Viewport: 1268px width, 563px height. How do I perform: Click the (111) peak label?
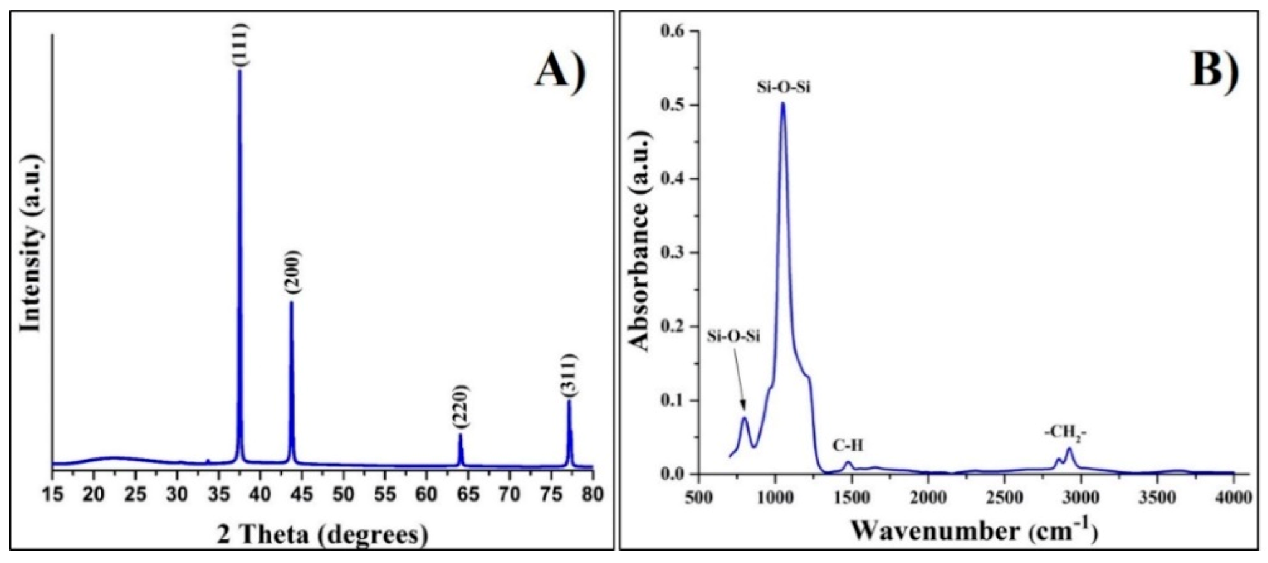click(240, 45)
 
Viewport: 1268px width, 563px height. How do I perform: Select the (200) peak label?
click(291, 273)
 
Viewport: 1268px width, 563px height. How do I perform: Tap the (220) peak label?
click(460, 407)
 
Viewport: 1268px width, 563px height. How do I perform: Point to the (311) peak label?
click(569, 375)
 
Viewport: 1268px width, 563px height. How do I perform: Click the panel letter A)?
click(560, 70)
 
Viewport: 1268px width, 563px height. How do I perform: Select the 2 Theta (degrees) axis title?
click(322, 534)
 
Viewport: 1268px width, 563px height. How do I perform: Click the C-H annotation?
click(848, 445)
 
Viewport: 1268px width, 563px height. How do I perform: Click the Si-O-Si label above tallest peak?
click(783, 87)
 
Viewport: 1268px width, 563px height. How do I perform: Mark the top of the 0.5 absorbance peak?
click(783, 103)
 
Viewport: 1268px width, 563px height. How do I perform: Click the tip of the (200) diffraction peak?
click(291, 302)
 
